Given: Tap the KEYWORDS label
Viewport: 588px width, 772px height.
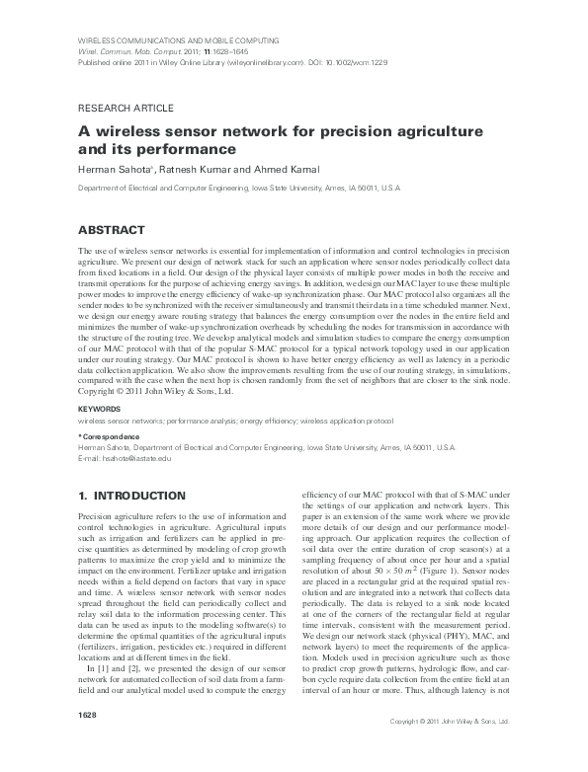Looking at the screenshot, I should [x=100, y=407].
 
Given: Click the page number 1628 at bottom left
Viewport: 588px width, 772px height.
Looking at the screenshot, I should [x=89, y=740].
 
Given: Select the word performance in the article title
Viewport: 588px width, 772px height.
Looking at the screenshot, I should [x=194, y=150].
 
